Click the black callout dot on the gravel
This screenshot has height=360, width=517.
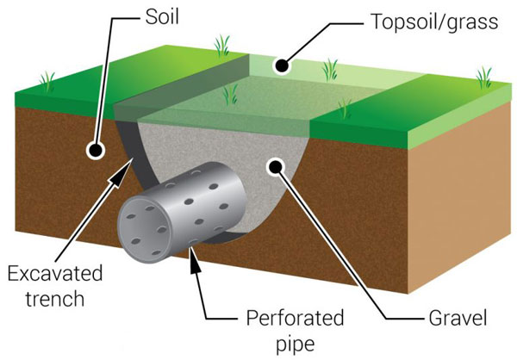tap(276, 165)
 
